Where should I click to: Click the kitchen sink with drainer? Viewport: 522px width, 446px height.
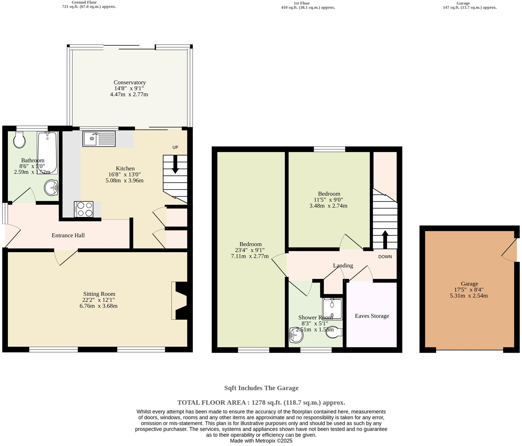[x=99, y=139]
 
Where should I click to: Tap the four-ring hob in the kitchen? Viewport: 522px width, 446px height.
[x=84, y=209]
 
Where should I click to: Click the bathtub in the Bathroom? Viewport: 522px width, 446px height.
[x=48, y=153]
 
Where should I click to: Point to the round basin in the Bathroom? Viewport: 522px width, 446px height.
[x=51, y=188]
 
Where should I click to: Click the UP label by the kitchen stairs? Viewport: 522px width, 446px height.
[x=175, y=147]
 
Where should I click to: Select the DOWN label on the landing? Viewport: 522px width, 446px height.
[x=385, y=257]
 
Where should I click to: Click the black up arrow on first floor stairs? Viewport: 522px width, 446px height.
[x=385, y=239]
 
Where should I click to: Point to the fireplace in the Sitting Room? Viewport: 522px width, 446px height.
[x=180, y=301]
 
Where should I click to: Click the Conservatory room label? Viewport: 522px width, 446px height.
[x=130, y=82]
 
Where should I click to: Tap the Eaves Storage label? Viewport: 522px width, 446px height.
[x=372, y=316]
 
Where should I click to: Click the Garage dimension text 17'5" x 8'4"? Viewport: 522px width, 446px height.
[x=469, y=290]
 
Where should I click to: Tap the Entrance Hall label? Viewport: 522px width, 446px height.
[x=68, y=235]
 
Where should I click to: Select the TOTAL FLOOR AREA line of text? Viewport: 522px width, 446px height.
[x=261, y=403]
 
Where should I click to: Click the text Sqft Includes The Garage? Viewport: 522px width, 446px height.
[x=261, y=388]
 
